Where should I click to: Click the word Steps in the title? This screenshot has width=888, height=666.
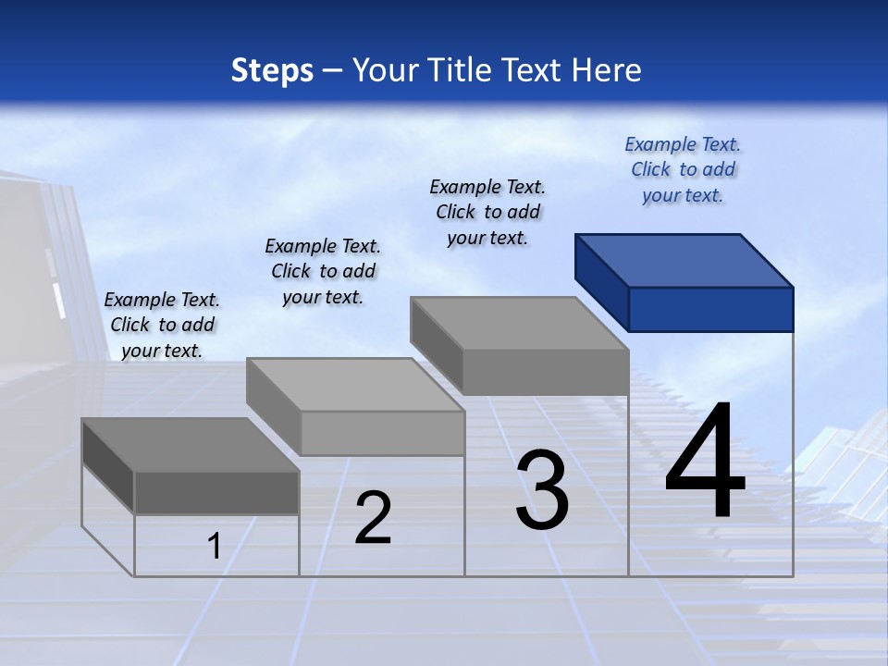[272, 70]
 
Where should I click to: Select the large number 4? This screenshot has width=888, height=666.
[705, 462]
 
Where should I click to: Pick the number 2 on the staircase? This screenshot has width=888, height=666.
[374, 518]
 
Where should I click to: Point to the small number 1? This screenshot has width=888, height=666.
[215, 546]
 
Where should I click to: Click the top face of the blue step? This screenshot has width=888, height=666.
[684, 261]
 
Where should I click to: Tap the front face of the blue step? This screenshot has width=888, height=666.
[710, 309]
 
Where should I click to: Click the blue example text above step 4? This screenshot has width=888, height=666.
[683, 169]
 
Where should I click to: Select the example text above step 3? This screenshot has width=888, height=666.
[487, 212]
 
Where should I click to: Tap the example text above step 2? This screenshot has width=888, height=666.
[323, 271]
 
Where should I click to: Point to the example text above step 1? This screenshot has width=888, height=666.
[162, 325]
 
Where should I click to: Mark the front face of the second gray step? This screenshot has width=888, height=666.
[383, 433]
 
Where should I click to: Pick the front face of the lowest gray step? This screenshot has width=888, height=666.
[216, 492]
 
